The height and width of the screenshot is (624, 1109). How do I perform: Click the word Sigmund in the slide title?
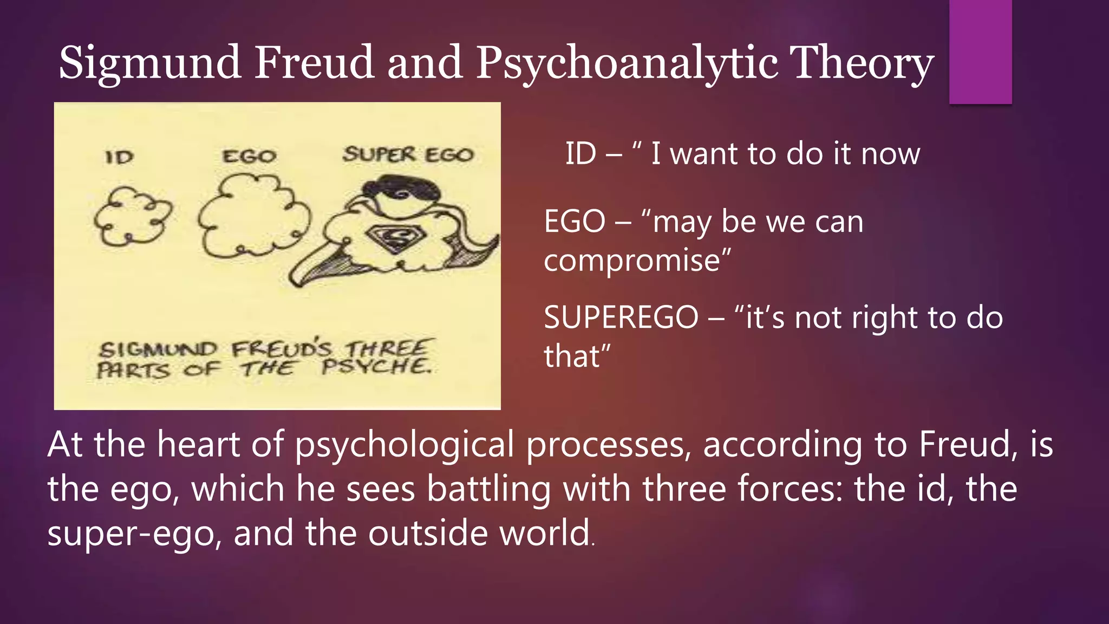[149, 63]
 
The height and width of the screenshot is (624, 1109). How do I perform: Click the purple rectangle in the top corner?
[980, 51]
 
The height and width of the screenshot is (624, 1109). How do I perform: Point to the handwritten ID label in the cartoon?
[120, 157]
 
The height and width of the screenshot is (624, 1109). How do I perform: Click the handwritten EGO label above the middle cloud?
[250, 157]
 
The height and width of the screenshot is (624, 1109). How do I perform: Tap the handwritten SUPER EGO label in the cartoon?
[408, 155]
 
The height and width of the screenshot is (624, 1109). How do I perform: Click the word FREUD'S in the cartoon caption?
[280, 349]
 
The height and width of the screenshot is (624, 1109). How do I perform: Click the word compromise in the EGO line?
[637, 261]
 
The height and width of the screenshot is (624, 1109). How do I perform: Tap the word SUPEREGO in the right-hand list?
[621, 317]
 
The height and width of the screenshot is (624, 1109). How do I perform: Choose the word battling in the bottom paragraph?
[488, 489]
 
